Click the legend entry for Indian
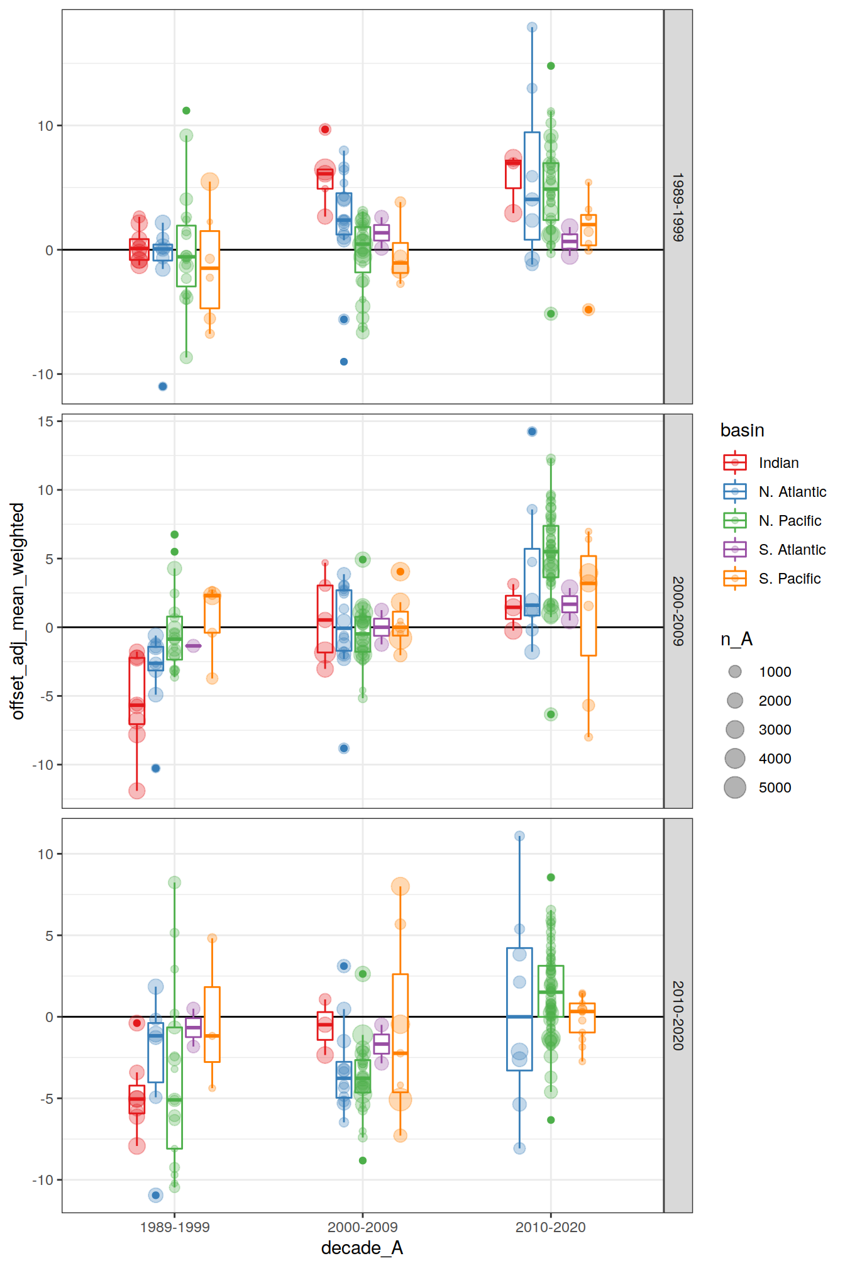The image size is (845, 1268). [778, 463]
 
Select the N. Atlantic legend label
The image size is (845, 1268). [792, 492]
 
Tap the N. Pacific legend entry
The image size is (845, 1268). [790, 521]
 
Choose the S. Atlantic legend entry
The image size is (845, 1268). [792, 550]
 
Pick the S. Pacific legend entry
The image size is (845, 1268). [789, 579]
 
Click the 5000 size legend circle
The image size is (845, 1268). [735, 787]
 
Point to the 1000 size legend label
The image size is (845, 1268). [775, 672]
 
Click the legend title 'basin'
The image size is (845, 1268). [742, 430]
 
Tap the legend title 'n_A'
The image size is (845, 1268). [736, 639]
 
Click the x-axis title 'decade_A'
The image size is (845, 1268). [362, 1248]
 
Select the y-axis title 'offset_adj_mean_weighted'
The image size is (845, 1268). [18, 611]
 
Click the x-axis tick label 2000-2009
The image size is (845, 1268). [362, 1227]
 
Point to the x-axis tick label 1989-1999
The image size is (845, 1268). [175, 1227]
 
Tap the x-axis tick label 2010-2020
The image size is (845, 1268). [550, 1227]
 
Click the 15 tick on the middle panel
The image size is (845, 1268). [46, 421]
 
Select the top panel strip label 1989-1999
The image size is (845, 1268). [678, 207]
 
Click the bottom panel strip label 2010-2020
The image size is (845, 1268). [678, 1015]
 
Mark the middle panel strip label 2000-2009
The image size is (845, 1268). [678, 611]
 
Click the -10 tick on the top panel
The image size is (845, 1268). [43, 374]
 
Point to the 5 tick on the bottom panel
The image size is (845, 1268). [50, 936]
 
